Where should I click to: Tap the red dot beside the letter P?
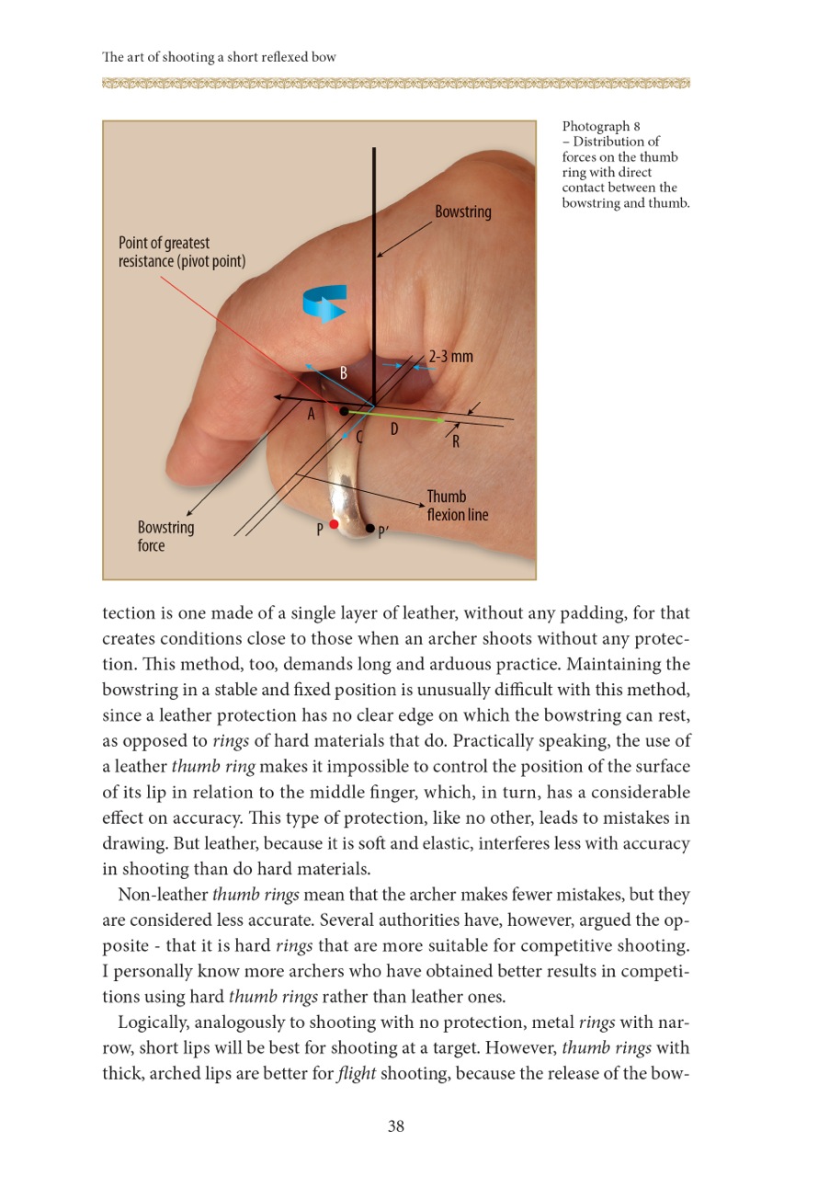coord(334,524)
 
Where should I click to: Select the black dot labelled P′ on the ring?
coord(369,529)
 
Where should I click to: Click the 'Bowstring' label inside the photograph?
coord(463,212)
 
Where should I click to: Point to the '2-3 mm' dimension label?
coord(450,356)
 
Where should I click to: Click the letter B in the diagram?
coord(343,373)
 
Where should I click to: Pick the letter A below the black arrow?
coord(312,415)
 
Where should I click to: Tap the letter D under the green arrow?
coord(393,429)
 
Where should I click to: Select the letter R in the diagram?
coord(455,441)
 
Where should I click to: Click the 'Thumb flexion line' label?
coord(457,506)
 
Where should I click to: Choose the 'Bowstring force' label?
coord(165,537)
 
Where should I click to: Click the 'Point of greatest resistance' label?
coord(182,251)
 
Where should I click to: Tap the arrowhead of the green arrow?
coord(441,419)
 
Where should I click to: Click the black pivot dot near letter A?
coord(344,411)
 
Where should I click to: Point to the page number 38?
coord(396,1126)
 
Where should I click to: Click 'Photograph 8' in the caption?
coord(595,126)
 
